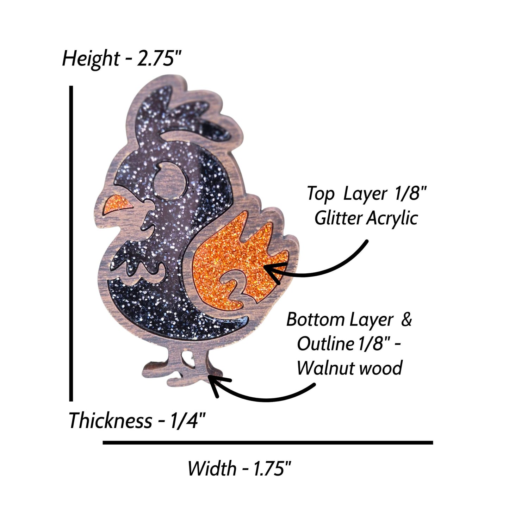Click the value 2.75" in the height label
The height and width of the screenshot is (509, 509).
(160, 58)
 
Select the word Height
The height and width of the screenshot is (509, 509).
(91, 60)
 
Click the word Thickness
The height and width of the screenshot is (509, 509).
(111, 421)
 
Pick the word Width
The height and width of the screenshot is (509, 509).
(212, 468)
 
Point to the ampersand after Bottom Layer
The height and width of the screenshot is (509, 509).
(406, 320)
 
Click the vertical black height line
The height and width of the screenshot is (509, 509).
(71, 243)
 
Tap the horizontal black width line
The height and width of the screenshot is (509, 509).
(268, 443)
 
